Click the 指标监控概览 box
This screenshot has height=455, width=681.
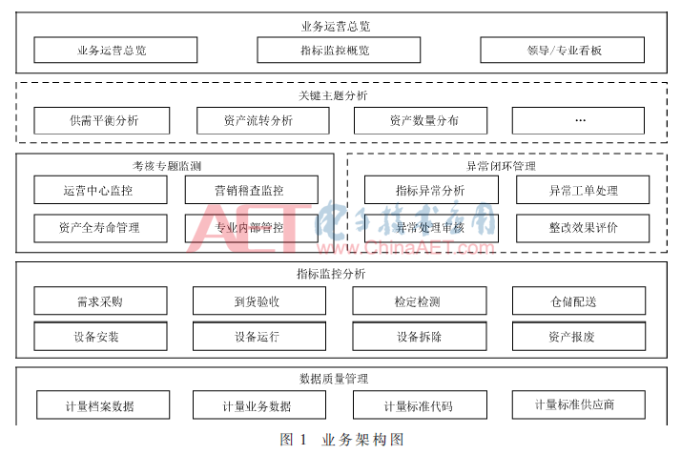pos(339,50)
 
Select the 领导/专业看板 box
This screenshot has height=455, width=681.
pos(562,50)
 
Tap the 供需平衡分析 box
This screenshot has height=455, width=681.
pos(102,120)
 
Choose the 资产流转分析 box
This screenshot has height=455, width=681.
pos(262,120)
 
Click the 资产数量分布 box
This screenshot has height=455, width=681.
pos(421,120)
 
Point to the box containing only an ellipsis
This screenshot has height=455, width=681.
pos(578,120)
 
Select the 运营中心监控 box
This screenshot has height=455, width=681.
pos(100,190)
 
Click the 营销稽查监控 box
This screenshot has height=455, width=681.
pos(252,190)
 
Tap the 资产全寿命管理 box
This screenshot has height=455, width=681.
pos(100,228)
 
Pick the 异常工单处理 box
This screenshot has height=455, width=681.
pos(583,190)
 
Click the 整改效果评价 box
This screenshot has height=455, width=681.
pos(583,228)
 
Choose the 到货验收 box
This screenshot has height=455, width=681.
pos(259,300)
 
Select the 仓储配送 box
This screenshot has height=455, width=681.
pos(579,300)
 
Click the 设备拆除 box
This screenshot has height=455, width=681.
pos(420,336)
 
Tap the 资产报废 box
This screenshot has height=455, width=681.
pos(579,336)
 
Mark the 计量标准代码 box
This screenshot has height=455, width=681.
pos(420,404)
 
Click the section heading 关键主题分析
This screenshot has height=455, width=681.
pos(333,95)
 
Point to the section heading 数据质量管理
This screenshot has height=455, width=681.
pos(334,379)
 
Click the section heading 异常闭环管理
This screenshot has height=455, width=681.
pos(501,166)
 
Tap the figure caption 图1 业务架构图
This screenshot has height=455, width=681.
pos(341,440)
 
